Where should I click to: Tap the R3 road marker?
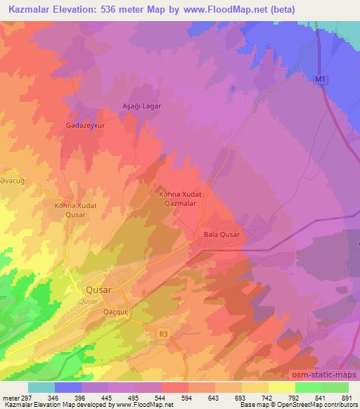pyautogui.click(x=164, y=335)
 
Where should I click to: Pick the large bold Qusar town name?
pyautogui.click(x=97, y=289)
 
